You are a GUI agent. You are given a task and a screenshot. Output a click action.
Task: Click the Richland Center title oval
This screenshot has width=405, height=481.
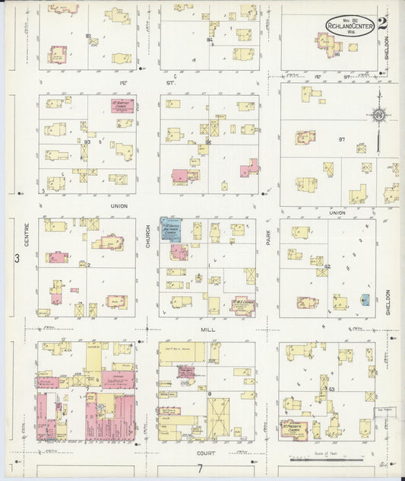click(x=350, y=25)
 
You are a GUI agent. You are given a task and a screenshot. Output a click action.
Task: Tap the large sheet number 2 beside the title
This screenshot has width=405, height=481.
click(x=382, y=24)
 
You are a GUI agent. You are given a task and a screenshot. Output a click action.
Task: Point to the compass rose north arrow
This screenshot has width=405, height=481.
click(x=378, y=116)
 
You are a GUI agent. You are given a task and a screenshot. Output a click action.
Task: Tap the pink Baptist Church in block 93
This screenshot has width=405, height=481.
click(x=122, y=105)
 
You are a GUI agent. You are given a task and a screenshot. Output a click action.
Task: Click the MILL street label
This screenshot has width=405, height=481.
click(x=207, y=330)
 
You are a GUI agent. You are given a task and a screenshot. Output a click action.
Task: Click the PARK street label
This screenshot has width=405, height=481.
click(x=268, y=238)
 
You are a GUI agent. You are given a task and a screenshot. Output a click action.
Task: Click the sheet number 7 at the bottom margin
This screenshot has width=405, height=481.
click(x=200, y=467)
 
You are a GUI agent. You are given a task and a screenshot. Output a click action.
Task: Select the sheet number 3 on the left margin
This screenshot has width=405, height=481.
click(x=16, y=259)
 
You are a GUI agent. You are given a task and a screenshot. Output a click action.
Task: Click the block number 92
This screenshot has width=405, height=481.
click(x=89, y=36)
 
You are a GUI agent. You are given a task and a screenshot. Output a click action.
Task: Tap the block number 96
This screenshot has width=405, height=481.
click(x=336, y=55)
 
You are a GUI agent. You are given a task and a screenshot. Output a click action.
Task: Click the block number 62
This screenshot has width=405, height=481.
click(x=328, y=266)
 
